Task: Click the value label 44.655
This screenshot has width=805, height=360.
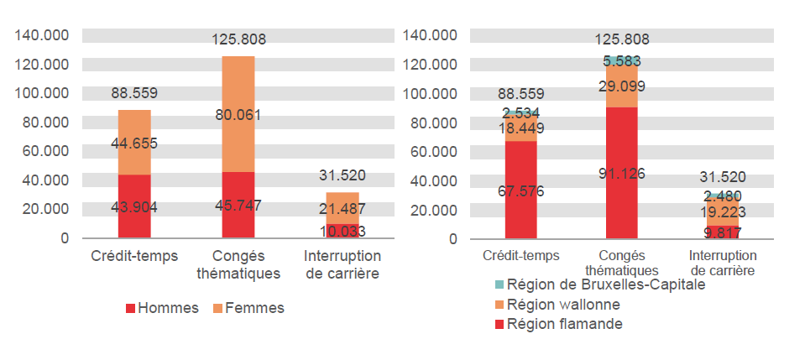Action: (134, 143)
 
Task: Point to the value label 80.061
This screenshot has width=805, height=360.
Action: (238, 114)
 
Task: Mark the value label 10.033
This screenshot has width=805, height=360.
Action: (341, 231)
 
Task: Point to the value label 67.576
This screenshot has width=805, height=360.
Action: (520, 191)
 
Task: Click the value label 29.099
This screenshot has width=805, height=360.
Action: (622, 86)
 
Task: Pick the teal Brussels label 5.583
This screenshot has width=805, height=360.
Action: (622, 60)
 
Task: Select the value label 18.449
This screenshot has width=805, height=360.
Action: (520, 128)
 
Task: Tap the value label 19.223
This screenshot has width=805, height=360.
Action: (722, 212)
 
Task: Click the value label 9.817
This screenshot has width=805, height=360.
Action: (722, 233)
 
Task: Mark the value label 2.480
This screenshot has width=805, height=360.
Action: (722, 196)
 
